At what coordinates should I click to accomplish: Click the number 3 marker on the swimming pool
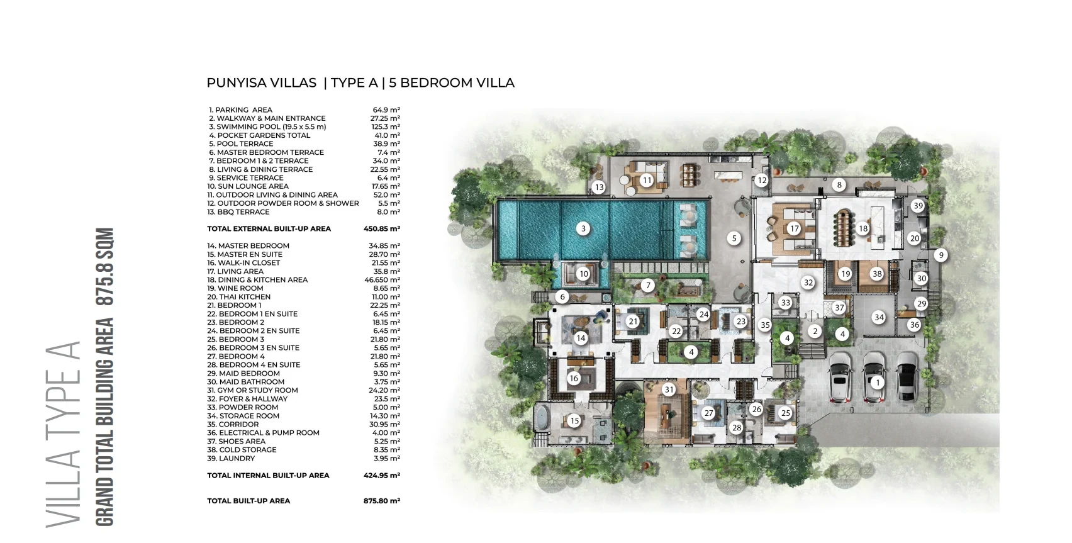pos(583,228)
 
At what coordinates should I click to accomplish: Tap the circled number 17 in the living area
pos(795,228)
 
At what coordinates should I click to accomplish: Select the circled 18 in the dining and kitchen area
pos(863,228)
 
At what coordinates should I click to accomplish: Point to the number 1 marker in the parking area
pos(877,383)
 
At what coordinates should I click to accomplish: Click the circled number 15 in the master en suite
pos(574,421)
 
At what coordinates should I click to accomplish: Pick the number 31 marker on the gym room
pos(669,389)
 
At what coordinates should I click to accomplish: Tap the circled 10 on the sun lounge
pos(583,274)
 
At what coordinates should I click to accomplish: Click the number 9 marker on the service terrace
pos(941,255)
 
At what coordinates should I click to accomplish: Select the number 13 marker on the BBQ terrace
pos(599,188)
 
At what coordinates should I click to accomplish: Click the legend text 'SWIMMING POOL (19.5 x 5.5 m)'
pos(271,127)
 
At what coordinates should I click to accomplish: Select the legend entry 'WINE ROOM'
pos(241,288)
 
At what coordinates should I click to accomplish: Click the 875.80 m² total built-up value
pos(381,501)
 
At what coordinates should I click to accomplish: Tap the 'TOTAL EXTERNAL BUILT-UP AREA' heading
pos(269,229)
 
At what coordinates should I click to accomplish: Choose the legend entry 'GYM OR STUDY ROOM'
pos(257,390)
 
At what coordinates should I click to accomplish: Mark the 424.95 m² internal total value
pos(381,476)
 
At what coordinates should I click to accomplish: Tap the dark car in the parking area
pos(907,376)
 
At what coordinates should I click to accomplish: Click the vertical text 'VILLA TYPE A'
pos(63,434)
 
